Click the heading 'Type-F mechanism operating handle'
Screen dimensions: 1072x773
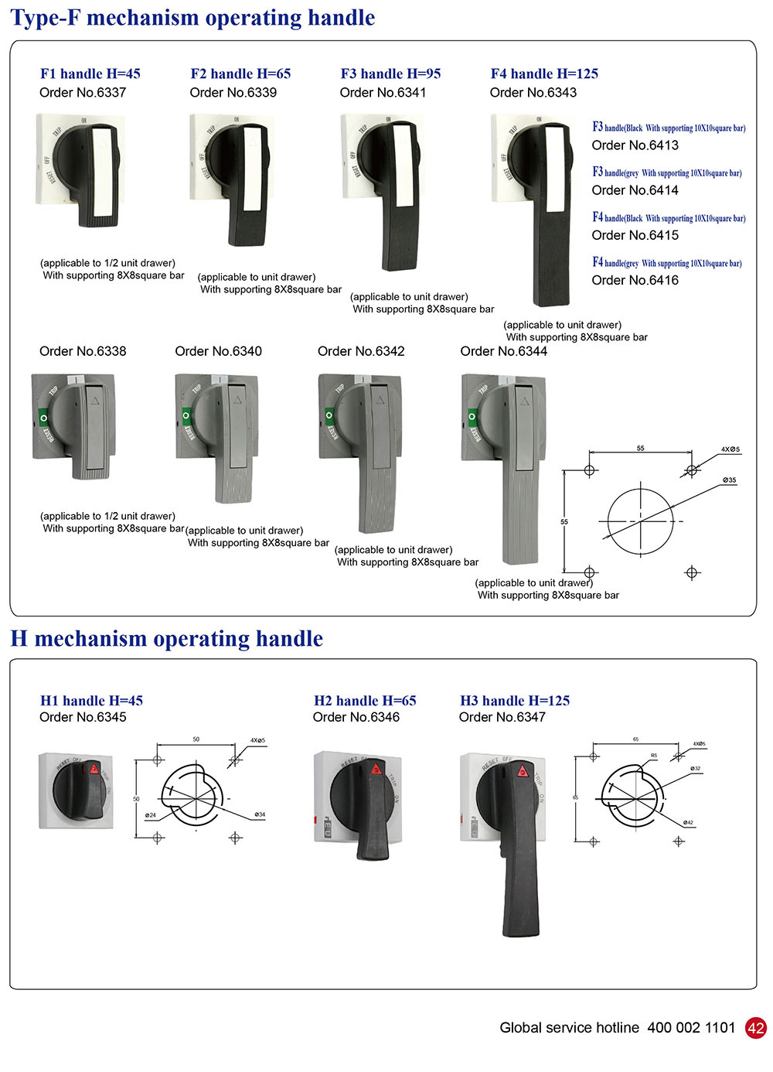[x=192, y=18]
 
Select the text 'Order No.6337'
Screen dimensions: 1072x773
[x=83, y=93]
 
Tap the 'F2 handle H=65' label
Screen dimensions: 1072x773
[x=240, y=74]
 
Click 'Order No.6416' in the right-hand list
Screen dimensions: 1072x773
[x=635, y=281]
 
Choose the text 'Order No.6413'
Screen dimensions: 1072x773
[x=635, y=145]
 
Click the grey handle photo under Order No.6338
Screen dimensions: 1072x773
[x=73, y=425]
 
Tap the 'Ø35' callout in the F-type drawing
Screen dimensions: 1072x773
[x=729, y=480]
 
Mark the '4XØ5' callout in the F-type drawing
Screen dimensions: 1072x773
[x=730, y=449]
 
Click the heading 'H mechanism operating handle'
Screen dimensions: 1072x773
[x=166, y=639]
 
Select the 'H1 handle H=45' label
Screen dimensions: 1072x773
[x=91, y=701]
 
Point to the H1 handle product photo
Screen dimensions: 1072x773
[x=77, y=790]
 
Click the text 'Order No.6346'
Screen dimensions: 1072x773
[x=356, y=718]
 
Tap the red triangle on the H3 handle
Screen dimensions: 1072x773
[x=522, y=770]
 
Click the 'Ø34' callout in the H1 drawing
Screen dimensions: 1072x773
[x=260, y=814]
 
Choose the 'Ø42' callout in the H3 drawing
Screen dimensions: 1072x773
[x=688, y=822]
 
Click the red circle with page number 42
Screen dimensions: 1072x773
[x=755, y=1028]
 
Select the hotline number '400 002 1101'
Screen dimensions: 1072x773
[x=691, y=1028]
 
